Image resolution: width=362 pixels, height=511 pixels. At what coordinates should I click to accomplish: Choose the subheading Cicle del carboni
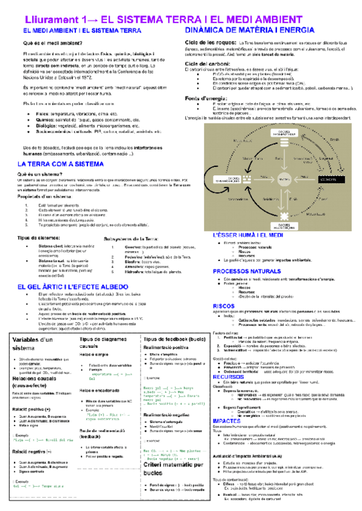(x=209, y=63)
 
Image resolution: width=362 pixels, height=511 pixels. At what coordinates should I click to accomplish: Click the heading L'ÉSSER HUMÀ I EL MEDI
(x=249, y=236)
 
